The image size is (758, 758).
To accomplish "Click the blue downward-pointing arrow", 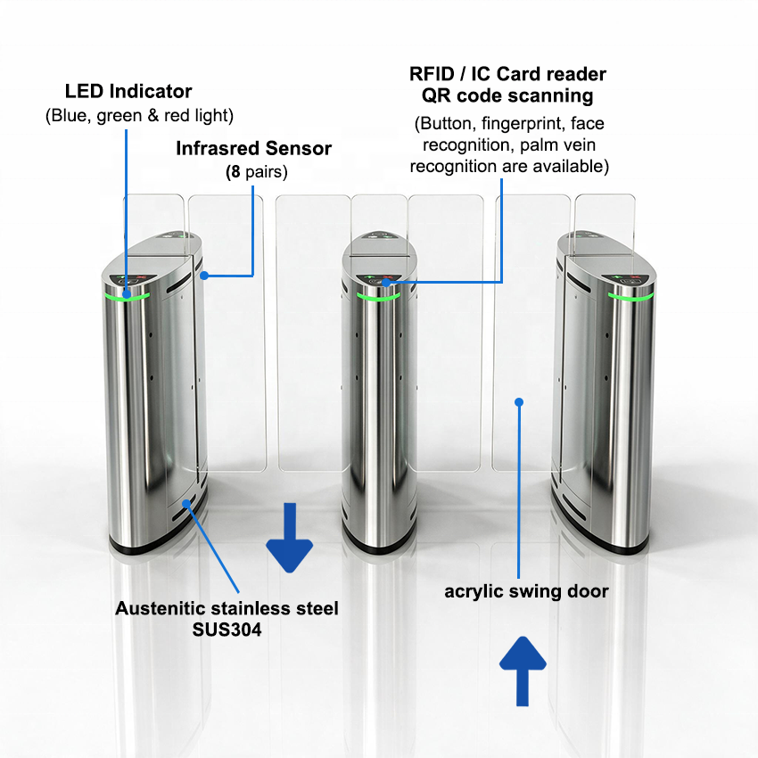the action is coord(290,538).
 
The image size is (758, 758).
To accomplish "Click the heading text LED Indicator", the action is coord(128,91).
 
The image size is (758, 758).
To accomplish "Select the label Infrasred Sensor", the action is coord(254,148).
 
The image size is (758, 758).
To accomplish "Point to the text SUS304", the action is coord(227,630).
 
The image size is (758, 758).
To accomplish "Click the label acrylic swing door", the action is coord(526,592).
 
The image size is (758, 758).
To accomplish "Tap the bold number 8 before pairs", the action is coord(235,171).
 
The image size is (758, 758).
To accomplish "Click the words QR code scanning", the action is coord(507,95).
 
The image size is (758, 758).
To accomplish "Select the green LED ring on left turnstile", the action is coord(128,297).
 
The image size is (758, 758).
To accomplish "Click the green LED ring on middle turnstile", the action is coord(378,296).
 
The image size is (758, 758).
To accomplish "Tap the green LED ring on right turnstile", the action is coord(630,296).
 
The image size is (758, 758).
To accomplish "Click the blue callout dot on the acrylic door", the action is coord(519,401).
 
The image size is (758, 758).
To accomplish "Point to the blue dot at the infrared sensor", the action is coord(204,276).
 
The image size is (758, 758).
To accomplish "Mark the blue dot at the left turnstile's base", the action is coord(186,504).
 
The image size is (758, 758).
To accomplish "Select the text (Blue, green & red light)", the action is coord(139,116).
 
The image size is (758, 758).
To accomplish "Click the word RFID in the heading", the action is coord(432,74).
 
